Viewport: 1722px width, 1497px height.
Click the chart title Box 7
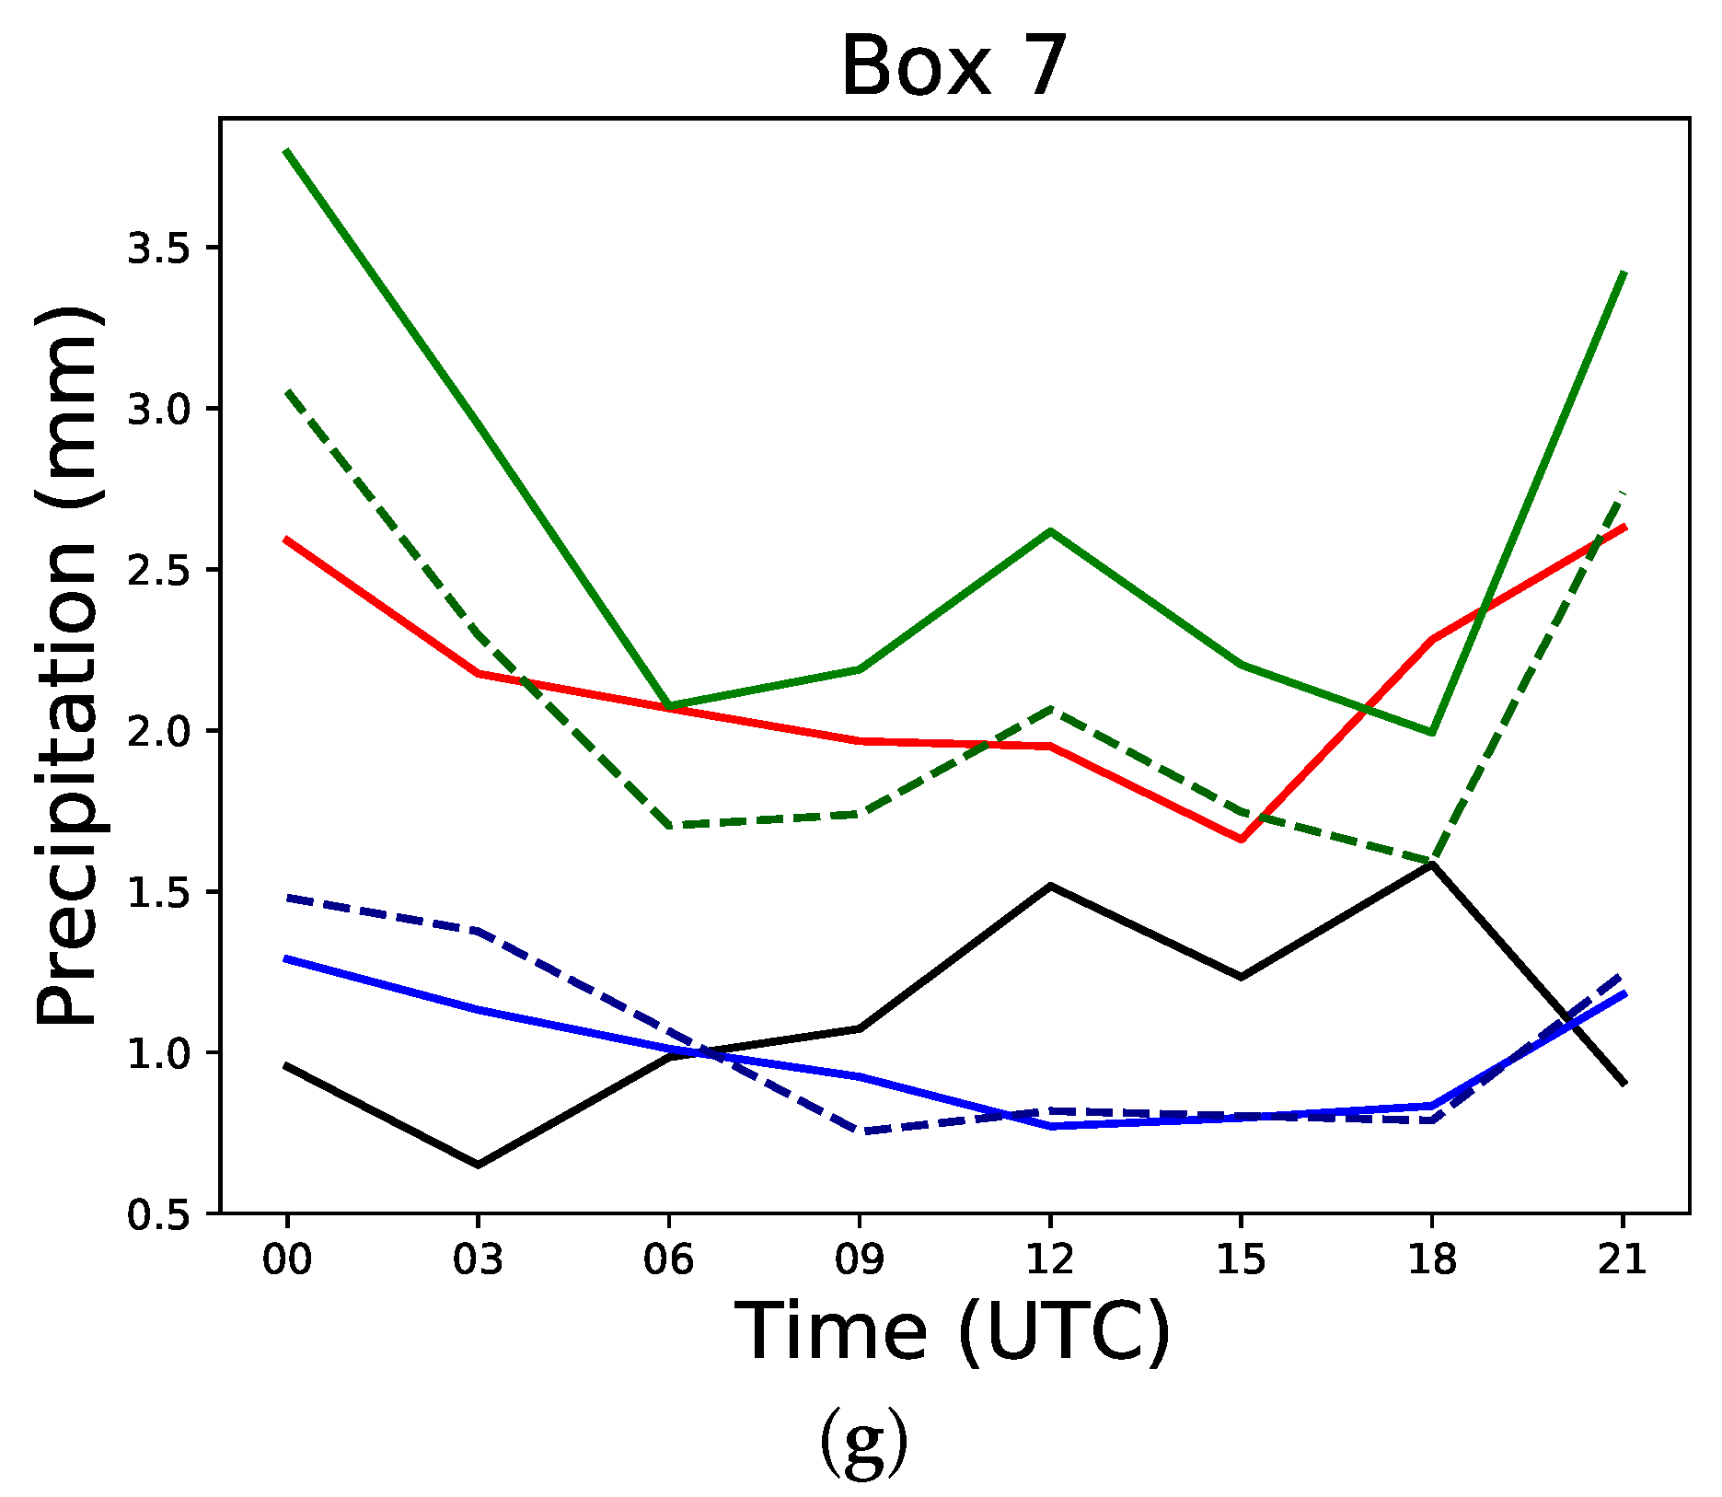(953, 66)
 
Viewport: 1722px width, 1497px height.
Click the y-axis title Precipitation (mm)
(67, 665)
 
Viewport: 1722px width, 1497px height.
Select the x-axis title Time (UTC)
(953, 1331)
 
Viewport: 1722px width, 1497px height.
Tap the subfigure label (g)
(862, 1442)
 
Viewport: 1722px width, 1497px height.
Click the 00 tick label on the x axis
(287, 1259)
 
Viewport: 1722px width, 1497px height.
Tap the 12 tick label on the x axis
(1050, 1259)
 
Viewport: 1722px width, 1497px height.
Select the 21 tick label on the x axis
(1623, 1259)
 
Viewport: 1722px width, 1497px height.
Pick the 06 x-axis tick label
(668, 1259)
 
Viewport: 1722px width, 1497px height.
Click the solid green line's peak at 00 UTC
(287, 151)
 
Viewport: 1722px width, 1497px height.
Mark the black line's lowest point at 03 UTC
(478, 1166)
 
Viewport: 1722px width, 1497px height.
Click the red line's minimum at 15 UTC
(1242, 840)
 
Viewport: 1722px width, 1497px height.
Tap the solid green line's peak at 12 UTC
(1050, 531)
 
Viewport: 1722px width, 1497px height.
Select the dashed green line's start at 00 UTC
(287, 391)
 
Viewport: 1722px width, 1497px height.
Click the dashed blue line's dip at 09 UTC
(860, 1131)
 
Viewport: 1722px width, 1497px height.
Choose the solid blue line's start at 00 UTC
(287, 958)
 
